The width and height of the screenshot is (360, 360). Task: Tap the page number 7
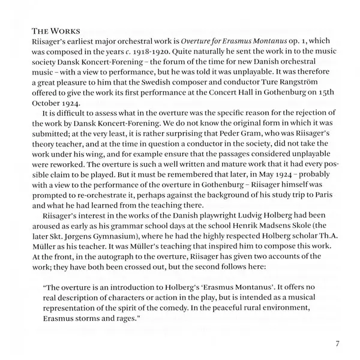click(x=338, y=344)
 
